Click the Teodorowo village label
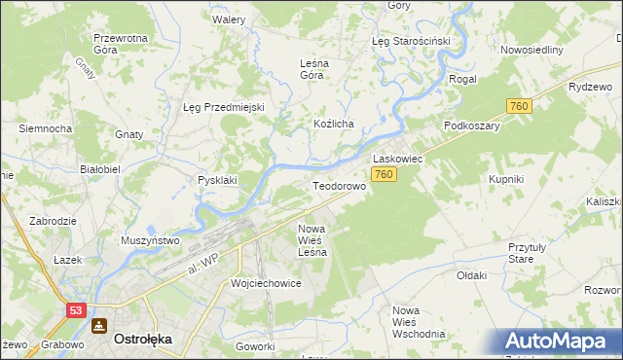(339, 185)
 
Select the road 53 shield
(77, 309)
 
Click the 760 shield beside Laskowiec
(383, 174)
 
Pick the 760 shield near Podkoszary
(518, 105)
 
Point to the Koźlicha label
(333, 125)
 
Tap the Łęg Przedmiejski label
(224, 107)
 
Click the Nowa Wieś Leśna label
(311, 239)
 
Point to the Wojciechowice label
(265, 283)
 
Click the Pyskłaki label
(218, 180)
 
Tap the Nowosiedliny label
(531, 50)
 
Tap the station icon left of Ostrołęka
(98, 326)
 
